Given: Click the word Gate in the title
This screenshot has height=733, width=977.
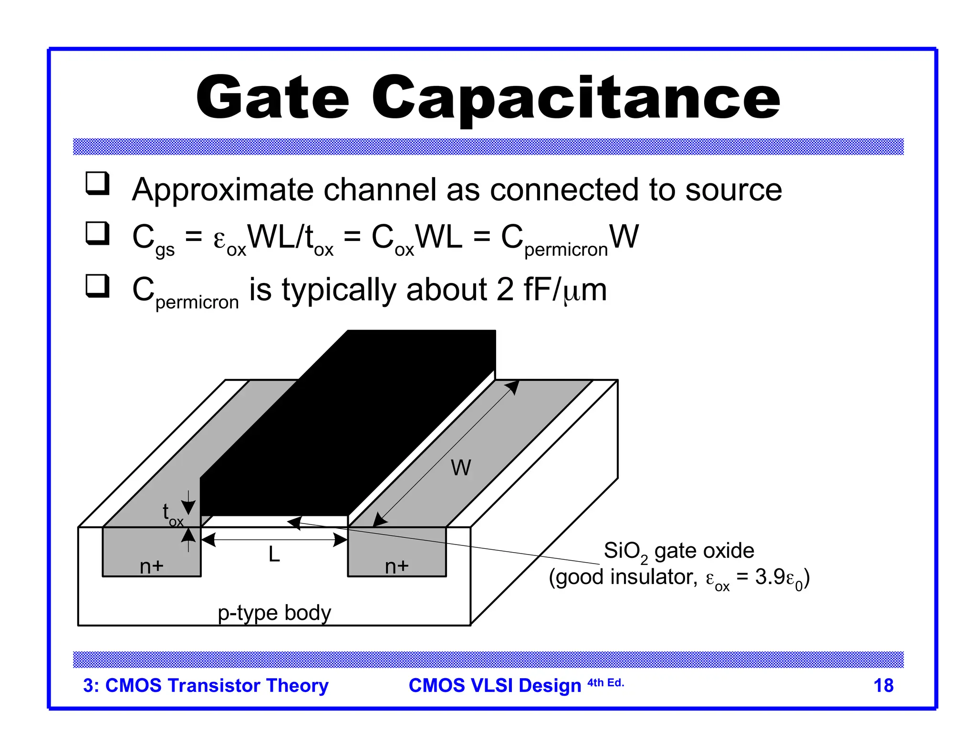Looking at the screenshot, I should coord(273,98).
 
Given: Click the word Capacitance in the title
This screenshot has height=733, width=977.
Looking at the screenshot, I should coord(575,98).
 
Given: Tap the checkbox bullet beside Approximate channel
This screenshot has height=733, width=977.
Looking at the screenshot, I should coord(97,184).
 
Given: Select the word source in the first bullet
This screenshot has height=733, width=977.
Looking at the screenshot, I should coord(733,190).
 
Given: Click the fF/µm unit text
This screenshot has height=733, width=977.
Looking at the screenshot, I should coord(565,290).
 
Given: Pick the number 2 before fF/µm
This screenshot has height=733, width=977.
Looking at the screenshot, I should coord(505,290).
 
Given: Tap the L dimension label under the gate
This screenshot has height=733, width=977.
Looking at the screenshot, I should coord(274,555).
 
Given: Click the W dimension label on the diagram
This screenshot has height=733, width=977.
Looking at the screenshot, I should coord(461,468).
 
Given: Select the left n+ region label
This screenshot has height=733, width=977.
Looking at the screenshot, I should coord(152,566).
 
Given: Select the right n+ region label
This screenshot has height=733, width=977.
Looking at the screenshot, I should coord(397,566).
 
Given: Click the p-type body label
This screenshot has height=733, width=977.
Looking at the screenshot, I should coord(274,613).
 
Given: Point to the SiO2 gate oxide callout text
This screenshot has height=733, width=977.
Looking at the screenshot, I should coord(678,551).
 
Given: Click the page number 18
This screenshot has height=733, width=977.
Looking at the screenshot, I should coord(883,686).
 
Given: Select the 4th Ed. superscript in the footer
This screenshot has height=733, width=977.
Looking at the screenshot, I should coord(605,683).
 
